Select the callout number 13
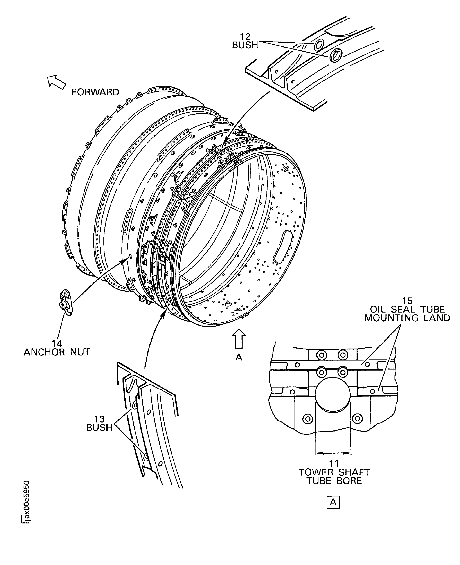99,419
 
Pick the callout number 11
334,463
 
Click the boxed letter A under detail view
333,502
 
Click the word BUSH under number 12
245,45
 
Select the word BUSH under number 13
99,428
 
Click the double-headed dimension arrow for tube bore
333,453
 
